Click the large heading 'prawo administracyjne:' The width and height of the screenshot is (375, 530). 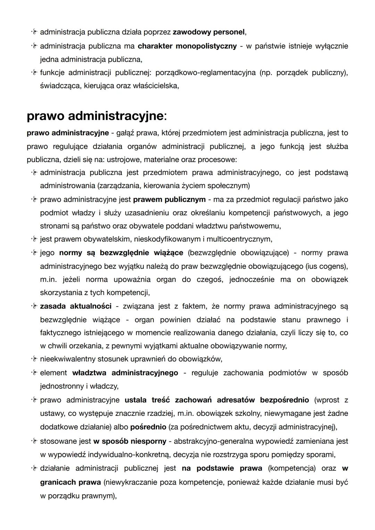tap(97, 116)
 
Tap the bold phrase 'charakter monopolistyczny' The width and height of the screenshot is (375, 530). tap(187, 46)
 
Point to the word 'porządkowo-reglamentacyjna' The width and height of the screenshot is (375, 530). tap(205, 73)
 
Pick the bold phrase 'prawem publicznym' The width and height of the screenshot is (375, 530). tap(169, 200)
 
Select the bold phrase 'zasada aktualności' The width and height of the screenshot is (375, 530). tap(76, 306)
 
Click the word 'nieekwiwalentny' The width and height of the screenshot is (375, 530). tap(68, 359)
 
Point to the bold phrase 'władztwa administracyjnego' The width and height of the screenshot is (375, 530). tap(125, 373)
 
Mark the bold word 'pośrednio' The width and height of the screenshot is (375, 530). tap(148, 427)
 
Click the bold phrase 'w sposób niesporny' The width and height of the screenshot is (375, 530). tap(130, 441)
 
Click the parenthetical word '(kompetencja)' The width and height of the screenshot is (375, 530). tap(291, 468)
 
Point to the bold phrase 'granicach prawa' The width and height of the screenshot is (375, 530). tap(70, 482)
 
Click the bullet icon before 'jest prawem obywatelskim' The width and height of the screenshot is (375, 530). tap(34, 239)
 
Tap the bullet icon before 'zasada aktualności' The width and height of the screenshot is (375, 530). tap(34, 306)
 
